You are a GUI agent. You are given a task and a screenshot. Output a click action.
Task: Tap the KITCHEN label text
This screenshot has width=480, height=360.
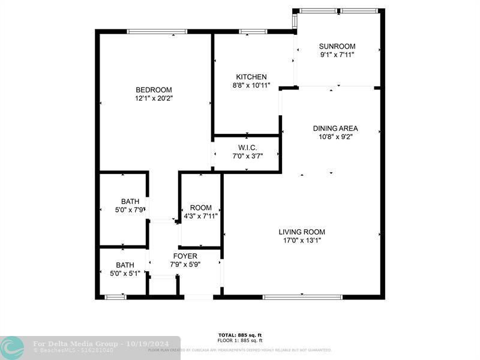[x=251, y=77]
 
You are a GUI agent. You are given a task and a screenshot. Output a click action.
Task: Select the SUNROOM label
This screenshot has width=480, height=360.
[x=337, y=46]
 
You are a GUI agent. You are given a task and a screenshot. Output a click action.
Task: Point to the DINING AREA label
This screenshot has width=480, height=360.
[x=335, y=128]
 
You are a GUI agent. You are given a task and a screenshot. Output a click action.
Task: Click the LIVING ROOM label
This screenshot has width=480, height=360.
[x=302, y=232]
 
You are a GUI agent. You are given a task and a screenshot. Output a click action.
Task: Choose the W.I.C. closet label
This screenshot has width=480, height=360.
[x=248, y=148]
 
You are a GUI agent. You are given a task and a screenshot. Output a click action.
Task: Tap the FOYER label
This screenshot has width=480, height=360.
[x=185, y=256]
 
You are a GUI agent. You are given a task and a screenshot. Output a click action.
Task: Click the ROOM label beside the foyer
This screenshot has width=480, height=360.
[x=200, y=208]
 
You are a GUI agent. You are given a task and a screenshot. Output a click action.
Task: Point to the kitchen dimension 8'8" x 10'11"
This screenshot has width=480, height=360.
[x=251, y=85]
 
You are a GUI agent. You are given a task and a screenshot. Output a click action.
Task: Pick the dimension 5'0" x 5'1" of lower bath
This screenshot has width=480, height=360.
[x=125, y=273]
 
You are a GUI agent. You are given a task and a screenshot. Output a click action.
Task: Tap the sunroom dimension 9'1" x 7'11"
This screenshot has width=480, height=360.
[x=337, y=55]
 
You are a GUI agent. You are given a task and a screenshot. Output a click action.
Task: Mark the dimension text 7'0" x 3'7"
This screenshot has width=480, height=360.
[x=248, y=156]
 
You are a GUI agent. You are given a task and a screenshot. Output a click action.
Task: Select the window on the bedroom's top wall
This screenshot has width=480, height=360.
[x=157, y=31]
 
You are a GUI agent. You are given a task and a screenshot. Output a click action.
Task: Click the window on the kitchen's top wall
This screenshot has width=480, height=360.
[x=253, y=31]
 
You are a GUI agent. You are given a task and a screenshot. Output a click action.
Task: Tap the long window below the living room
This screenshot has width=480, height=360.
[x=302, y=296]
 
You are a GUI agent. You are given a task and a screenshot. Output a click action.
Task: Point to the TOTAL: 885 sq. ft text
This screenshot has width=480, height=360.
[x=240, y=335]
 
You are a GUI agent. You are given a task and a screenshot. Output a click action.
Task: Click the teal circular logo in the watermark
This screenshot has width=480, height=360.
[x=12, y=347]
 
